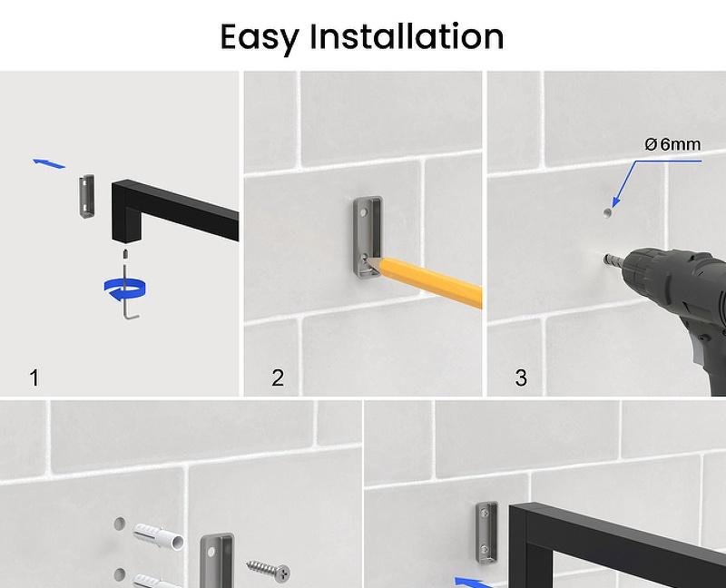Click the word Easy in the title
(260, 38)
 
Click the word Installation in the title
(407, 36)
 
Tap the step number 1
(34, 377)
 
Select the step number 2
(278, 377)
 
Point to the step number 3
(521, 377)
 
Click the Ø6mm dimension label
(672, 144)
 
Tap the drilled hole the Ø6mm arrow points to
(607, 212)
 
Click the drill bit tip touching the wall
(605, 259)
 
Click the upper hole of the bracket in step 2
(364, 212)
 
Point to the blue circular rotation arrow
(125, 288)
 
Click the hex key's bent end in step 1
(132, 315)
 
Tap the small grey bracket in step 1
(86, 196)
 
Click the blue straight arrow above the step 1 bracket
(49, 163)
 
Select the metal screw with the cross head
(269, 571)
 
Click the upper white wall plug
(158, 536)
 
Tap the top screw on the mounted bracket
(484, 513)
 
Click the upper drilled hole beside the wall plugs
(120, 524)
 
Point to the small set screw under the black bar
(124, 254)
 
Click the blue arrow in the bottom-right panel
(473, 583)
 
